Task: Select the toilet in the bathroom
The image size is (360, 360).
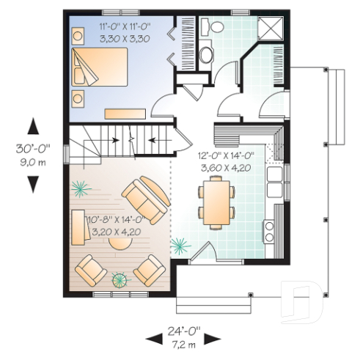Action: pyautogui.click(x=217, y=27)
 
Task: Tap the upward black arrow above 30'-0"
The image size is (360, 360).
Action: pyautogui.click(x=33, y=125)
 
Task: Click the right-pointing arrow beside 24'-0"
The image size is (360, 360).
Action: pyautogui.click(x=212, y=338)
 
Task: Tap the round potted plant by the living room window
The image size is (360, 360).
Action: pyautogui.click(x=118, y=279)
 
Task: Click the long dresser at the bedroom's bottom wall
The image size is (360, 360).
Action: pyautogui.click(x=124, y=114)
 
